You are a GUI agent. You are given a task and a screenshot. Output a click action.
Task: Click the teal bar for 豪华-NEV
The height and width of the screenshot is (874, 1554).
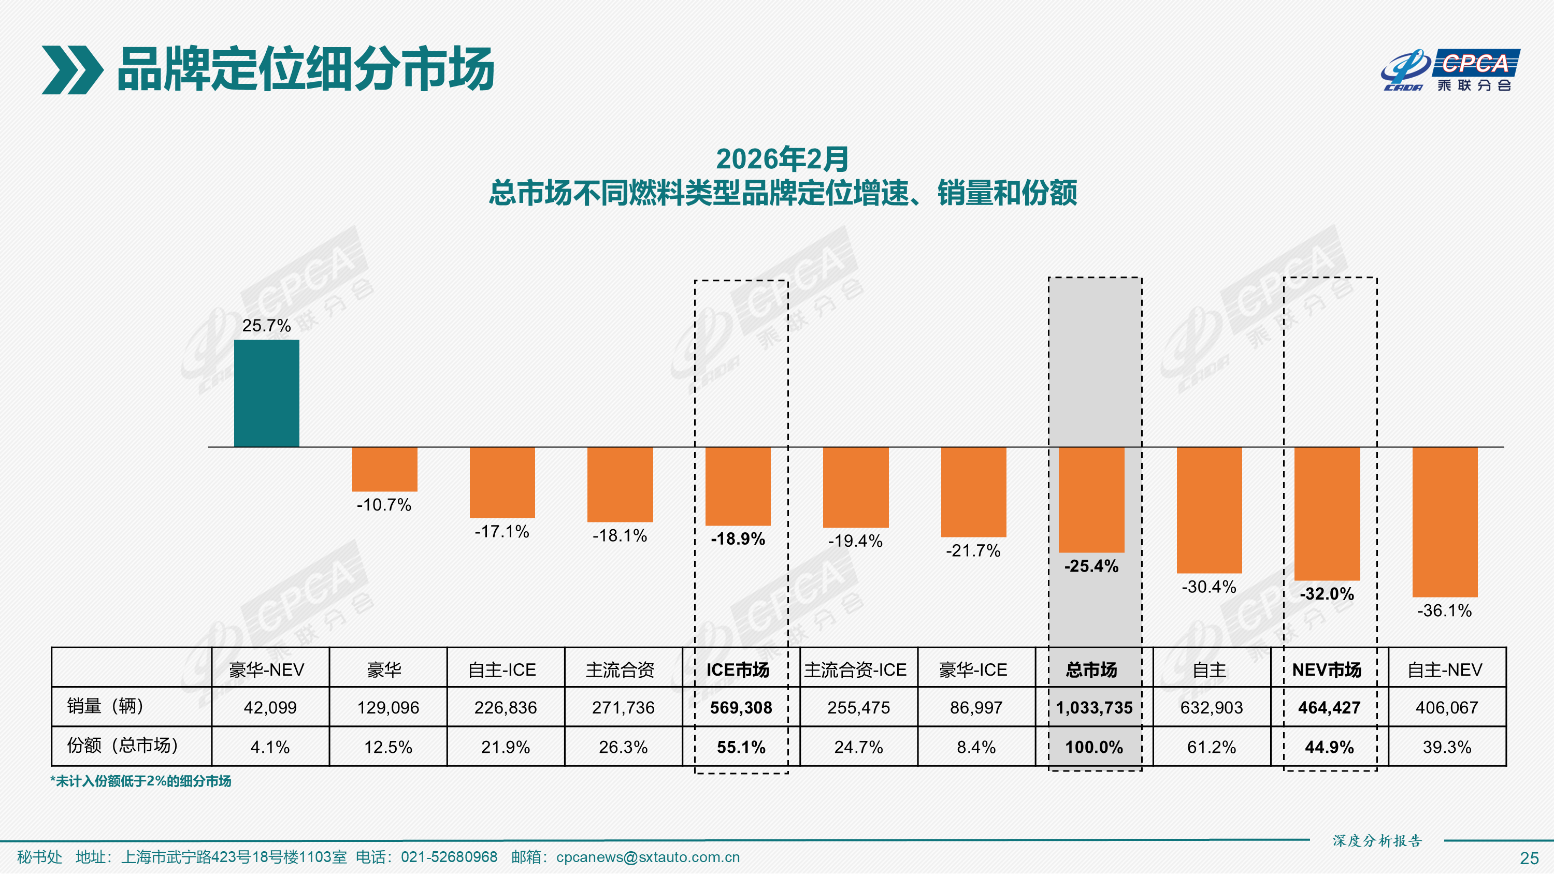[266, 394]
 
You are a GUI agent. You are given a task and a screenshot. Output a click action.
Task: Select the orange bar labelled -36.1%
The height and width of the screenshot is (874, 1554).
[1444, 522]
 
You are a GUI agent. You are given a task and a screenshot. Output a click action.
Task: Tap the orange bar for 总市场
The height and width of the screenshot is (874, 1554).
[1091, 500]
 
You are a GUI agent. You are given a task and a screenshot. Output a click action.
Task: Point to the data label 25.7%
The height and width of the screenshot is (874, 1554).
[266, 326]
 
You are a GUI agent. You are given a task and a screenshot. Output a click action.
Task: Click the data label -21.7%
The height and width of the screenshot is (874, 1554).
[972, 551]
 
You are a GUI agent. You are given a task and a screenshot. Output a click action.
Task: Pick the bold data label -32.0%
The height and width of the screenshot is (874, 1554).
[1327, 594]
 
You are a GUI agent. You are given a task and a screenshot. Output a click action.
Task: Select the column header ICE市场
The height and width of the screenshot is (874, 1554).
[737, 669]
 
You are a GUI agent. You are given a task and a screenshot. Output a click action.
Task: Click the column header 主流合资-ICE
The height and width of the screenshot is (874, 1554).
[855, 669]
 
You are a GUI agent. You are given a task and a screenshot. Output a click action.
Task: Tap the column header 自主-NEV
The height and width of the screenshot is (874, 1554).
[1444, 669]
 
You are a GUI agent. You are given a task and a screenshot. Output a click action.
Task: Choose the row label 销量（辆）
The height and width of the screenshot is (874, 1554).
[105, 706]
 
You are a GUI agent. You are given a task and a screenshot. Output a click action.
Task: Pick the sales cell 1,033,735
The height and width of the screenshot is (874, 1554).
[1093, 707]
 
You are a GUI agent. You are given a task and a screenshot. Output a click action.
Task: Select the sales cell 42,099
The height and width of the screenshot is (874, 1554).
[270, 707]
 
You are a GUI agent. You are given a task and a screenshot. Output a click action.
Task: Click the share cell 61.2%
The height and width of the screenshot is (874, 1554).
[1212, 747]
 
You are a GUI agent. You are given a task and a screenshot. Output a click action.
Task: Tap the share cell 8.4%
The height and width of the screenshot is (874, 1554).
[975, 747]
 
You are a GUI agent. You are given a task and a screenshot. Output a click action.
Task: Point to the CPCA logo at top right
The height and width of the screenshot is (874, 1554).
[1450, 70]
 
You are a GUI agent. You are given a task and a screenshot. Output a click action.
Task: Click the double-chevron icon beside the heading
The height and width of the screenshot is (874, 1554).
[72, 70]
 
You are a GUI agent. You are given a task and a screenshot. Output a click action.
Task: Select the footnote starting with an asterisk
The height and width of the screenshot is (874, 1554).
[140, 781]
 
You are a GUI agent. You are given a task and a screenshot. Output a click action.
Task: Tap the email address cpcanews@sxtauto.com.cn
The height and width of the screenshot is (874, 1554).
[647, 857]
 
